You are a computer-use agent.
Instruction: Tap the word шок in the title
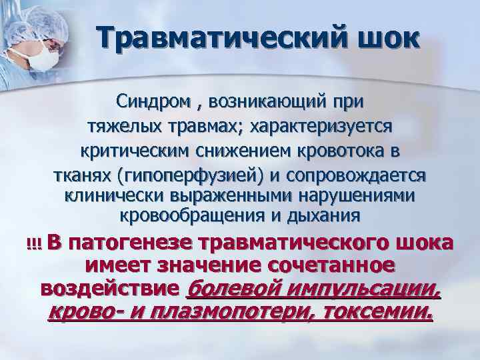click(387, 37)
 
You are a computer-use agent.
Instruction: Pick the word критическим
click(135, 149)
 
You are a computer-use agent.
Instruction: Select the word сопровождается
click(357, 174)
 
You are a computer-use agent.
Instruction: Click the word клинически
click(109, 195)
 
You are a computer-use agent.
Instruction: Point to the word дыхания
click(331, 215)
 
